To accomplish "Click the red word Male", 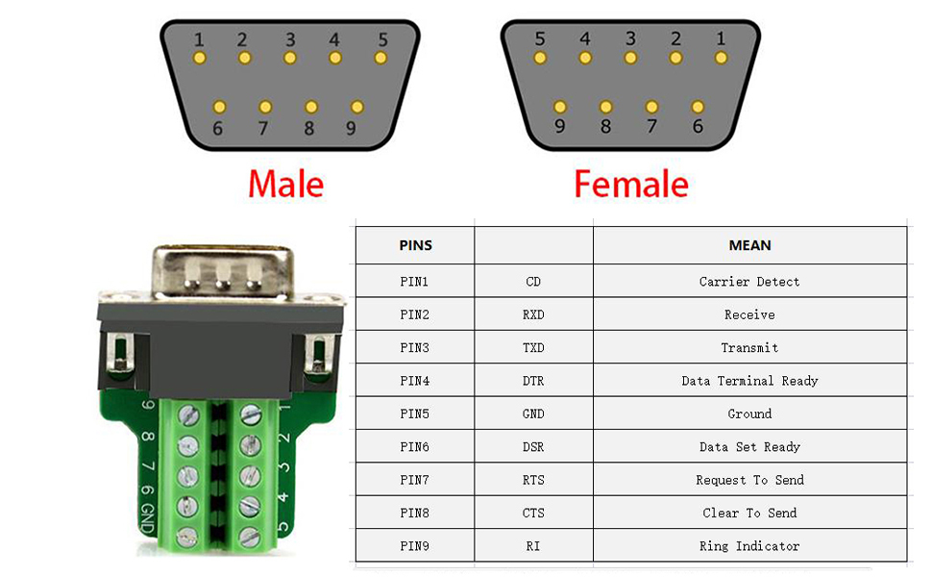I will tap(285, 183).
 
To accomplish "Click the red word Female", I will tap(631, 183).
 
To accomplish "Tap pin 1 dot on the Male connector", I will tap(199, 58).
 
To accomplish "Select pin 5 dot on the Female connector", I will tap(540, 58).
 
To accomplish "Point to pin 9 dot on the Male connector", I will tap(357, 107).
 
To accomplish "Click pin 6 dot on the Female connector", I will tap(698, 107).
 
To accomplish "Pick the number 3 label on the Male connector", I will tap(289, 40).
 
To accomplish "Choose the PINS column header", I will tap(415, 245).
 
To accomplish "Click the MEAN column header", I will tap(749, 245).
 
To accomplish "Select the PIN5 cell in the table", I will tap(415, 414).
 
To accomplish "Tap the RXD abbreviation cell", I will tap(533, 314).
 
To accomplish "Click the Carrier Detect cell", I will tap(749, 282).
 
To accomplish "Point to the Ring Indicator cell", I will tap(749, 546).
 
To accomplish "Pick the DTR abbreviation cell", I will tap(533, 381).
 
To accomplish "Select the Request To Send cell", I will tap(749, 480).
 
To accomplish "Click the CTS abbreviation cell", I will tap(533, 513).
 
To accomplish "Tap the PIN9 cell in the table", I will tap(415, 546).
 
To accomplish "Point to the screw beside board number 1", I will tap(251, 414).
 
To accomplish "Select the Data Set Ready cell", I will tap(749, 447).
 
